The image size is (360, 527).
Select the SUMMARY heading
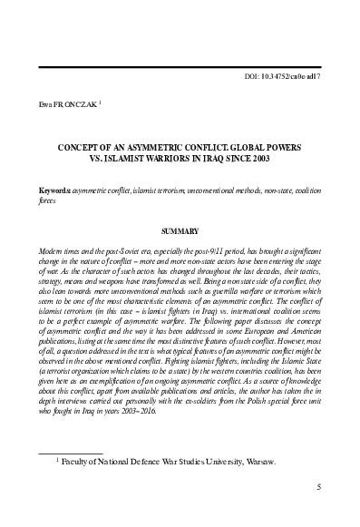[x=180, y=231]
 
